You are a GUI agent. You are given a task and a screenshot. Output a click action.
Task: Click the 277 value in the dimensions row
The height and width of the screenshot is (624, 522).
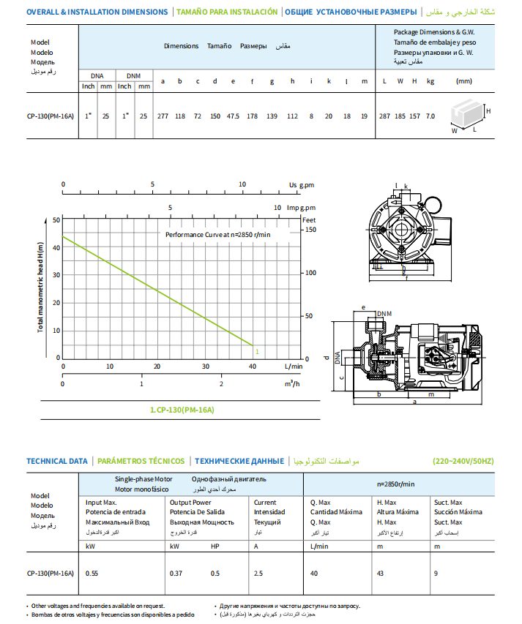163,116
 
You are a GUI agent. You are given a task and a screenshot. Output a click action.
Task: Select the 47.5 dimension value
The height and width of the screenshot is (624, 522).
234,116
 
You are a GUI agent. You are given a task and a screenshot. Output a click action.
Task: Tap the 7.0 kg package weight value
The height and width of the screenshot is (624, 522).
430,116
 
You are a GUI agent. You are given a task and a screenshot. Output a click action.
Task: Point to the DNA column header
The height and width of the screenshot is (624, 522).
97,75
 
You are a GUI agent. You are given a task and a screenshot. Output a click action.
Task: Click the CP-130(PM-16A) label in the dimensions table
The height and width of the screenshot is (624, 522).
51,116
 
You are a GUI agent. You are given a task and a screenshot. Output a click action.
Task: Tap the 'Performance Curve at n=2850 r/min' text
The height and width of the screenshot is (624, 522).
217,234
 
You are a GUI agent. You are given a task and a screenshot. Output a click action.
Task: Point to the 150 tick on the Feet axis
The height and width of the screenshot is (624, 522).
310,229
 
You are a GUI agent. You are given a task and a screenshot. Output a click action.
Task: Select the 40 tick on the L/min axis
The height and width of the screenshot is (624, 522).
253,366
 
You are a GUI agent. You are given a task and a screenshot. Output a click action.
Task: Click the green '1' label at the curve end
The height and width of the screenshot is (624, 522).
257,352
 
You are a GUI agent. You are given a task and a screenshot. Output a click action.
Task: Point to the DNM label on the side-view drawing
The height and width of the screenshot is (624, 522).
385,313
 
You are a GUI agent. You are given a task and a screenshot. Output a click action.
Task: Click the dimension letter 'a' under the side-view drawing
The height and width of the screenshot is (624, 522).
414,402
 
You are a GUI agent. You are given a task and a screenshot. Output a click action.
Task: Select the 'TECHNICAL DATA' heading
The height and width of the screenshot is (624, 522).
57,461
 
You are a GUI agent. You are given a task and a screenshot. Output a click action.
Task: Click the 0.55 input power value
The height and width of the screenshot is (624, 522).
92,573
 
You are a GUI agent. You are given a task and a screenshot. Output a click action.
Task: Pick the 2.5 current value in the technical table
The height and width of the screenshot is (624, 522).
258,573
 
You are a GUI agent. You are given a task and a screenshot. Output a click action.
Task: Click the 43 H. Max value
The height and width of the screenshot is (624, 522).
381,573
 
